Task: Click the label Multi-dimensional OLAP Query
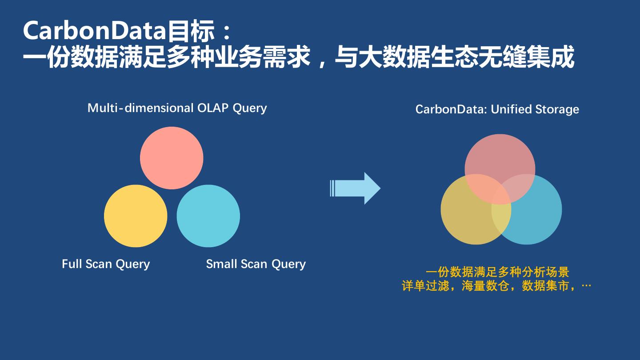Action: pos(177,108)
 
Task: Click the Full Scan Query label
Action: pos(106,264)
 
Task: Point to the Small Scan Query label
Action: pos(256,264)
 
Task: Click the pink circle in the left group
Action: pos(172,158)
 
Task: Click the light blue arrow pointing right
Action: pos(356,188)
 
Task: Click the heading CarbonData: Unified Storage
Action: pos(497,109)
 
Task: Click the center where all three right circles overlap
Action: pos(500,196)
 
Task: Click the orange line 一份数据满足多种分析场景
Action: pos(497,272)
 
